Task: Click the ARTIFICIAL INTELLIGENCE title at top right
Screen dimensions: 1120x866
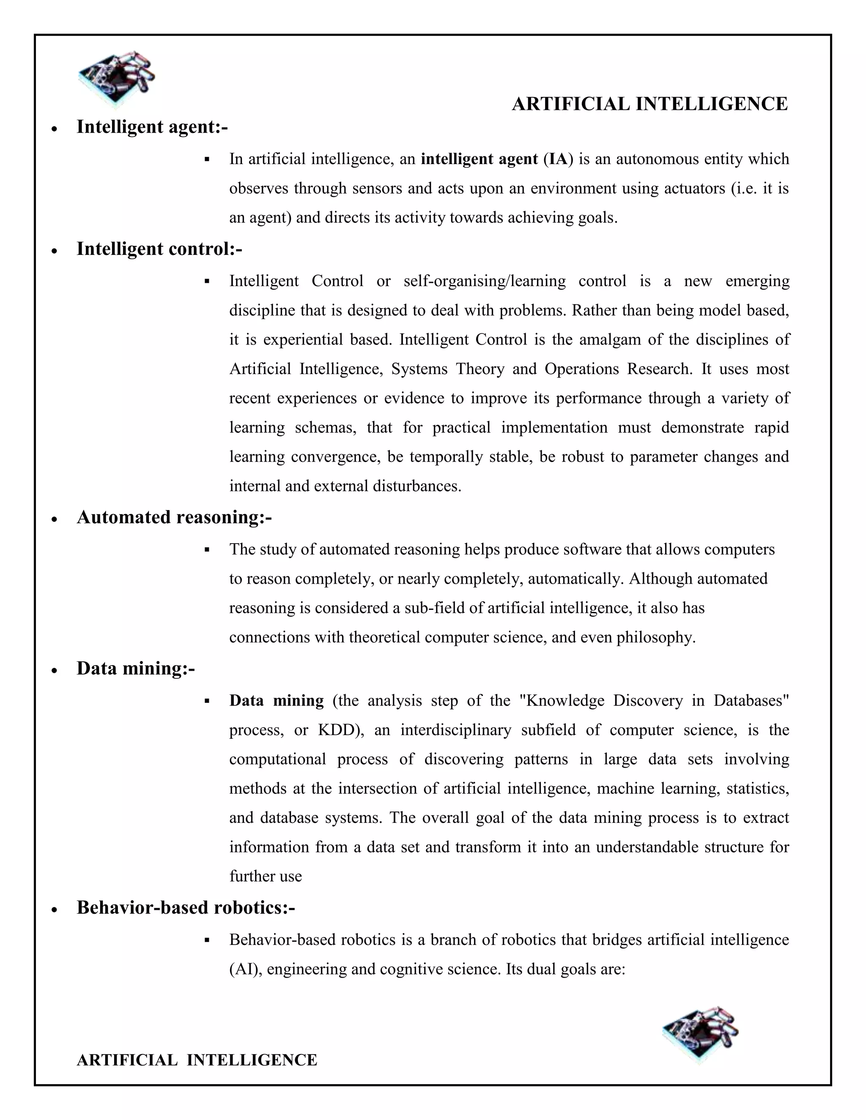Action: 649,104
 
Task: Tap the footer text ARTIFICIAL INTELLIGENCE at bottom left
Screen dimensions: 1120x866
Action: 197,1060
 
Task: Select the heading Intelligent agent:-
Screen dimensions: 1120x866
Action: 152,127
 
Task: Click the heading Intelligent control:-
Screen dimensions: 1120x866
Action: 159,249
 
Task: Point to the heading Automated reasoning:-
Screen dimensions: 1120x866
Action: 174,517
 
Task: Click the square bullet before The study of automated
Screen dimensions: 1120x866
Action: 207,550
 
